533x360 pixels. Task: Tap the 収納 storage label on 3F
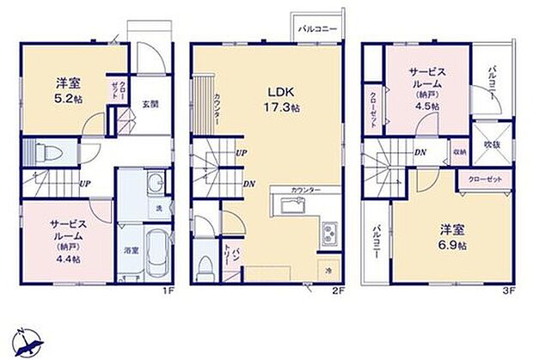(459, 152)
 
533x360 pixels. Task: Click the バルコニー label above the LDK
(317, 28)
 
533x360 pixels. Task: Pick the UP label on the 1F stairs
(85, 184)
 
